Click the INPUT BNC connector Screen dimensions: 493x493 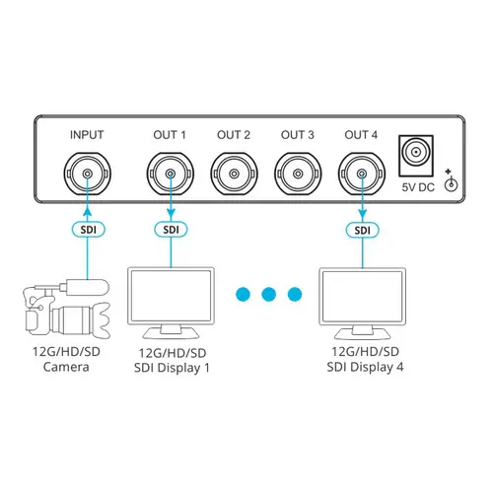point(87,175)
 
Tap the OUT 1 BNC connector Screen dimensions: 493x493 point(171,175)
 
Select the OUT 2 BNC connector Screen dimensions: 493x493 point(234,175)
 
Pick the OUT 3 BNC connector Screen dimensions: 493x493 point(297,175)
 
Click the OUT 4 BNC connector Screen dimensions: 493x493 point(361,175)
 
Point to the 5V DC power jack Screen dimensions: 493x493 point(417,154)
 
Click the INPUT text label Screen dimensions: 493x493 point(87,135)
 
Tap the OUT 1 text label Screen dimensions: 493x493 point(171,135)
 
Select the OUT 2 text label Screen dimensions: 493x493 point(234,135)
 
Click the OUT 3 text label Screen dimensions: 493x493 point(297,135)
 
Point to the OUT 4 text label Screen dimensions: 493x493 point(361,135)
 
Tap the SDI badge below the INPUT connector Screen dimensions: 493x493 point(87,230)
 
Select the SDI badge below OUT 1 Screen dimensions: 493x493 point(171,230)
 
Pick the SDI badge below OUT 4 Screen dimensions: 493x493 point(361,230)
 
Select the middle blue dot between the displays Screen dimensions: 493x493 point(266,294)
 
